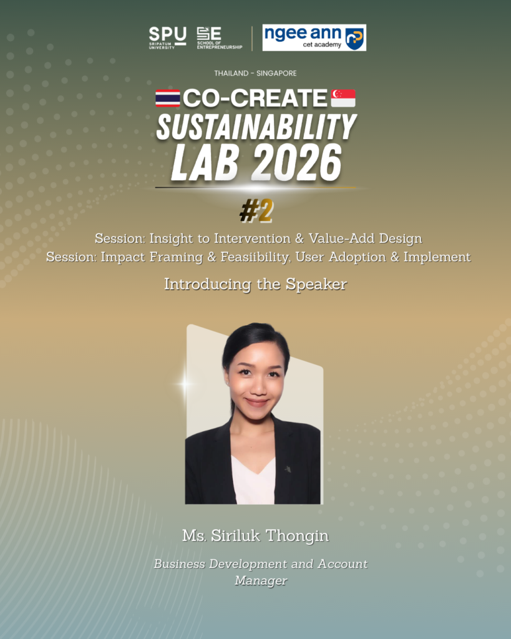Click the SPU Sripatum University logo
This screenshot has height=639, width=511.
click(x=167, y=38)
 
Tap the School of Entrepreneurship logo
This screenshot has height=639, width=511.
click(x=219, y=38)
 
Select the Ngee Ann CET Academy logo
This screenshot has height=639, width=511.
click(x=314, y=37)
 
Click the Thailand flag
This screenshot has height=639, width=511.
click(x=168, y=98)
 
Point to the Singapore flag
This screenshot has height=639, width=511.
click(x=343, y=98)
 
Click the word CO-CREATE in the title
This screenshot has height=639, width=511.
click(x=255, y=98)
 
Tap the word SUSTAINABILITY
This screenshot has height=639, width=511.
click(x=256, y=127)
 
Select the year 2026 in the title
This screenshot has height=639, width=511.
click(x=296, y=163)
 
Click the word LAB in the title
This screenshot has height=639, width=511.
click(x=205, y=163)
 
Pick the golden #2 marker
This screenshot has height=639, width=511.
click(x=256, y=211)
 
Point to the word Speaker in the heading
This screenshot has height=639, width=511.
click(x=316, y=285)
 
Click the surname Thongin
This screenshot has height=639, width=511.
click(x=298, y=536)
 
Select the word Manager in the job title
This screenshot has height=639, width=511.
click(x=261, y=580)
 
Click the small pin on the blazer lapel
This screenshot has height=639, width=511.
click(x=288, y=469)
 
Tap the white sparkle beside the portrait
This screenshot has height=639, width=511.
click(x=185, y=384)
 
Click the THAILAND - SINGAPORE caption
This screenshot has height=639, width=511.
click(x=256, y=74)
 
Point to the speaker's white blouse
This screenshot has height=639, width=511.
click(x=253, y=481)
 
